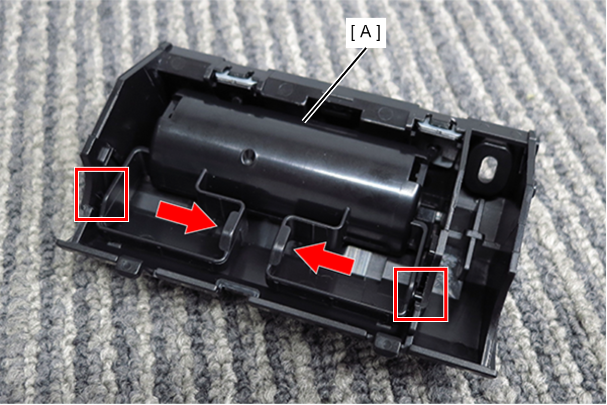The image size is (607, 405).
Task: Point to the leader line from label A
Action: (x=335, y=84)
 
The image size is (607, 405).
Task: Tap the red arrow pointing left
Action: (x=324, y=259)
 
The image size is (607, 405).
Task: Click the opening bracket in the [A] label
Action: (x=353, y=32)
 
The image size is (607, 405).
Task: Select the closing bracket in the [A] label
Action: (x=379, y=32)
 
